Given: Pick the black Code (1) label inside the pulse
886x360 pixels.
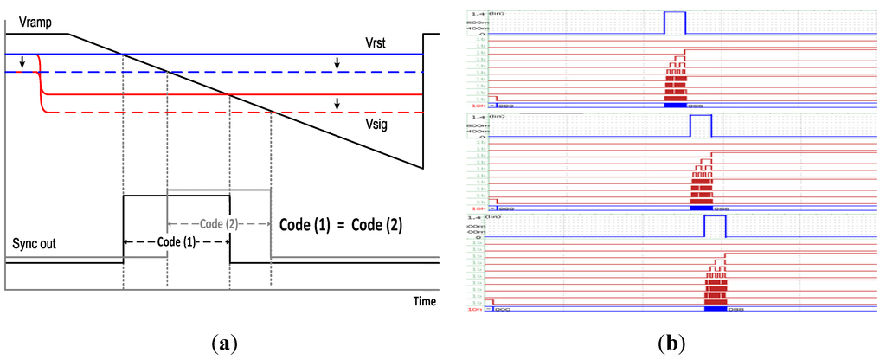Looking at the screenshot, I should pyautogui.click(x=177, y=243).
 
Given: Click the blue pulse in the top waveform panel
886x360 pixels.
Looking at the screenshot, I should pyautogui.click(x=674, y=22).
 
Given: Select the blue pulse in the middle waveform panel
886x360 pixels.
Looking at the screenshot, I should pyautogui.click(x=700, y=125).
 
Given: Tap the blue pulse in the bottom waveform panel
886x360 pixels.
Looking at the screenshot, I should pyautogui.click(x=715, y=227).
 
